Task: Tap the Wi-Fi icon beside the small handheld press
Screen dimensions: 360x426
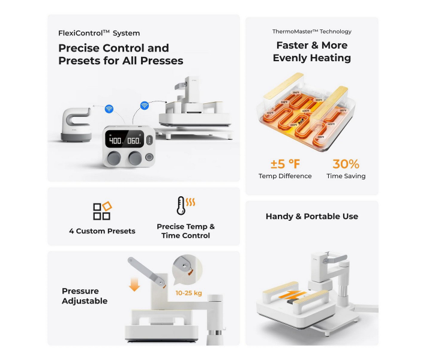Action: click(109, 109)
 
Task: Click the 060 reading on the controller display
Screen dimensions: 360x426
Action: click(133, 141)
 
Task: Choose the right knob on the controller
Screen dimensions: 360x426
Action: click(134, 158)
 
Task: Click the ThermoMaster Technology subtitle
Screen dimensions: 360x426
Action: click(312, 31)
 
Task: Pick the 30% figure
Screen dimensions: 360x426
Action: click(346, 164)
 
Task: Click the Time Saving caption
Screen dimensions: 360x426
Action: click(346, 176)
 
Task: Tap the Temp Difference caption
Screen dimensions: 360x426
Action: click(285, 176)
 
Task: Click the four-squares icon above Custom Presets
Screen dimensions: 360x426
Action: click(102, 210)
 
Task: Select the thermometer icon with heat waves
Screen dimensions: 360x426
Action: click(183, 206)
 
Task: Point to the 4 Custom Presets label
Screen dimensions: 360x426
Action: click(102, 231)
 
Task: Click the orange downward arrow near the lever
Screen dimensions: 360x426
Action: click(134, 283)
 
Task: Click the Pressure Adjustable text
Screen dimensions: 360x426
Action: click(85, 296)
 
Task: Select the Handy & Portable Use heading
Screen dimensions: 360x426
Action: click(312, 217)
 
